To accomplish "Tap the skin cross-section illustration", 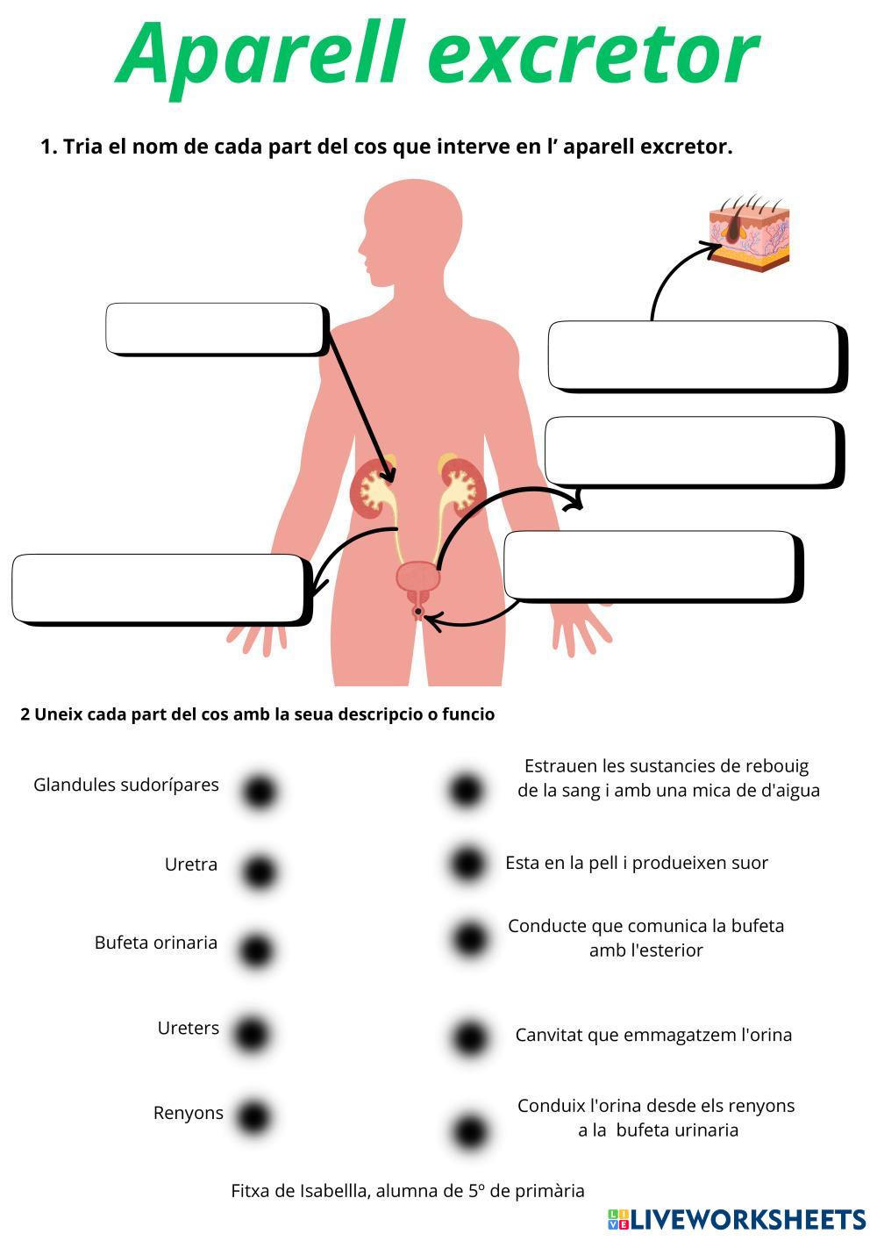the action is [x=750, y=233].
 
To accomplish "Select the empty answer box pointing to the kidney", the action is [x=216, y=328].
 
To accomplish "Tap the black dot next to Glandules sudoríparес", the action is [x=259, y=791].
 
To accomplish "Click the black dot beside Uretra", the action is [x=259, y=872].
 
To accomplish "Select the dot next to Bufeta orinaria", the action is [x=255, y=950].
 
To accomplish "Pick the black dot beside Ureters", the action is [x=251, y=1033].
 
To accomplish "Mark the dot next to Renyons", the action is [x=253, y=1117].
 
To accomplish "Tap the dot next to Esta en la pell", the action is [x=467, y=864].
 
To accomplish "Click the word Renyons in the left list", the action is [x=188, y=1113].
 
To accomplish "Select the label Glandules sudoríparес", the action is [x=126, y=785].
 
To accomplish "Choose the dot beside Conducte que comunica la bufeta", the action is [x=469, y=938].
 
